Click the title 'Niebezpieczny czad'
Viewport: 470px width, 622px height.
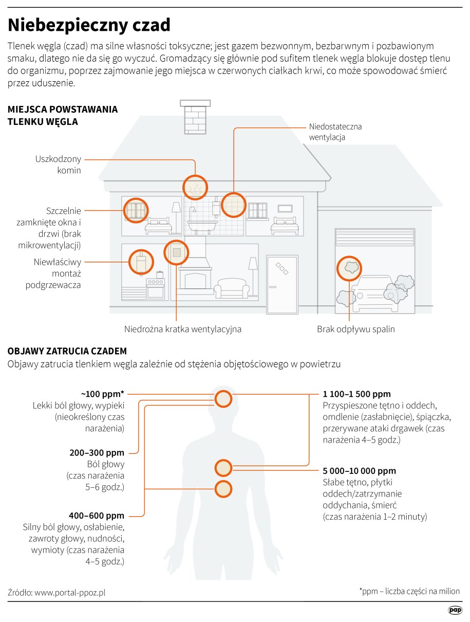89,25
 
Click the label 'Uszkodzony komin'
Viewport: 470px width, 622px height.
58,164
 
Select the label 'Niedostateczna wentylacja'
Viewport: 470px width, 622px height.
335,132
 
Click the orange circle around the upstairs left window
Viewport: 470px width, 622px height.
136,210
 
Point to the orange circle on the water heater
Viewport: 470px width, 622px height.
141,261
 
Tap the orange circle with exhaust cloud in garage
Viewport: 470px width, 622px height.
349,268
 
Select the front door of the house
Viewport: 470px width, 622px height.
282,284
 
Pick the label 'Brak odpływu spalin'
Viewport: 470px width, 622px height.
355,329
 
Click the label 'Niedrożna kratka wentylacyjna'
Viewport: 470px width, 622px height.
182,329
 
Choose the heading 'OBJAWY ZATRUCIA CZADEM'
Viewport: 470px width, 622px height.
67,352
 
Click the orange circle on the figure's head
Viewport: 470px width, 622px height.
223,398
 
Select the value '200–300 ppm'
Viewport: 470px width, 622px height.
97,453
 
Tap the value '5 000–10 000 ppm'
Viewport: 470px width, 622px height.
359,471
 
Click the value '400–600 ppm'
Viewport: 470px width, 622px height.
97,516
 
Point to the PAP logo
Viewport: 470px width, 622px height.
454,610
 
